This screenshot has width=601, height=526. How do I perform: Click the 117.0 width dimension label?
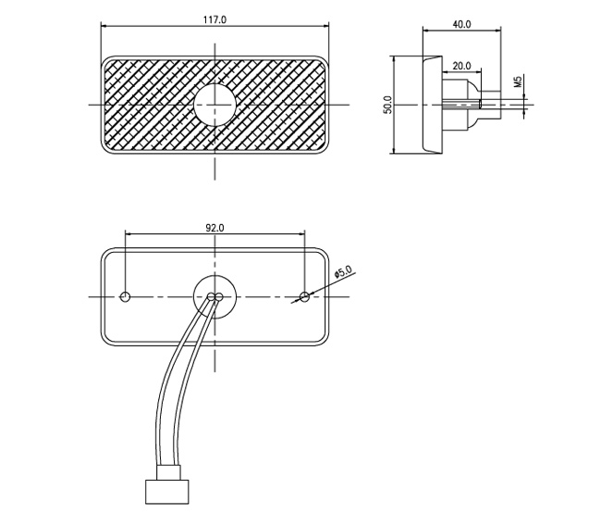pyautogui.click(x=215, y=19)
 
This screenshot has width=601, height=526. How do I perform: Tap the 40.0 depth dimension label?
pyautogui.click(x=461, y=24)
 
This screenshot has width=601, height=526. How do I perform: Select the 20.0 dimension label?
pyautogui.click(x=461, y=66)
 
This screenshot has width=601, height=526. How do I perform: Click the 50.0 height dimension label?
pyautogui.click(x=388, y=105)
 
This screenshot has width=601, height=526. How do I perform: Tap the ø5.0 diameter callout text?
pyautogui.click(x=343, y=273)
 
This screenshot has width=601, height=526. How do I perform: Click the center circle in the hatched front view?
pyautogui.click(x=215, y=104)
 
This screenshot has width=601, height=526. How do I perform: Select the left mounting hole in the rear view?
pyautogui.click(x=127, y=296)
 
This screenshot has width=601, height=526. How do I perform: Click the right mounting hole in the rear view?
pyautogui.click(x=305, y=296)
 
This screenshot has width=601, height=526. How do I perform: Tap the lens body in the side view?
pyautogui.click(x=431, y=104)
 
